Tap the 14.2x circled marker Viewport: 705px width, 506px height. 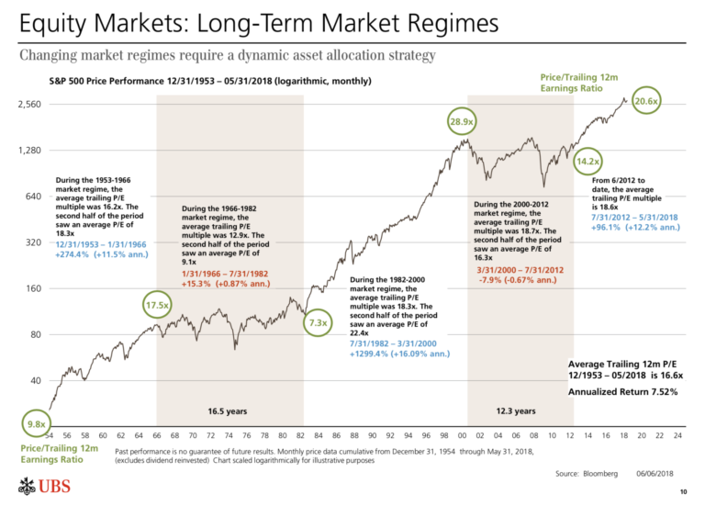point(587,163)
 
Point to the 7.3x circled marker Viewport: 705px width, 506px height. point(318,322)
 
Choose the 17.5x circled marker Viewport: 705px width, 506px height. point(158,304)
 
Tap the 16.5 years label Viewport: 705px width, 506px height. point(224,410)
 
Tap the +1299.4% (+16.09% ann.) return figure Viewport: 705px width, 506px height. point(399,353)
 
